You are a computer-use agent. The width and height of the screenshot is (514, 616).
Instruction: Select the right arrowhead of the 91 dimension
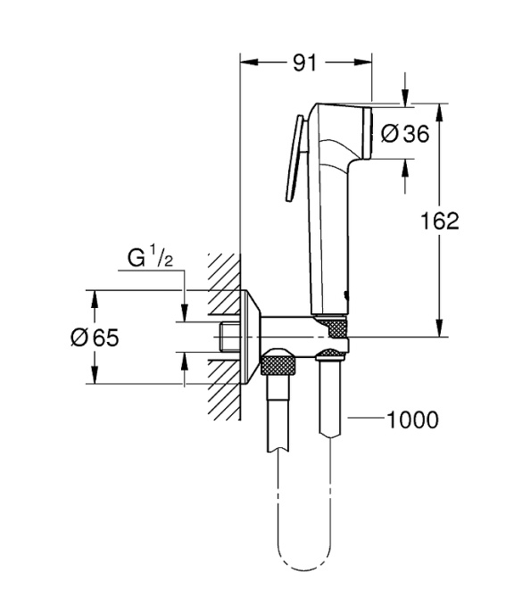365,62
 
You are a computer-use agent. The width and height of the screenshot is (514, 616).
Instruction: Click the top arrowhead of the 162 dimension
440,109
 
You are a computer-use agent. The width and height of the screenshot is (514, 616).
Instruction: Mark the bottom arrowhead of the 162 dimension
440,331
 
